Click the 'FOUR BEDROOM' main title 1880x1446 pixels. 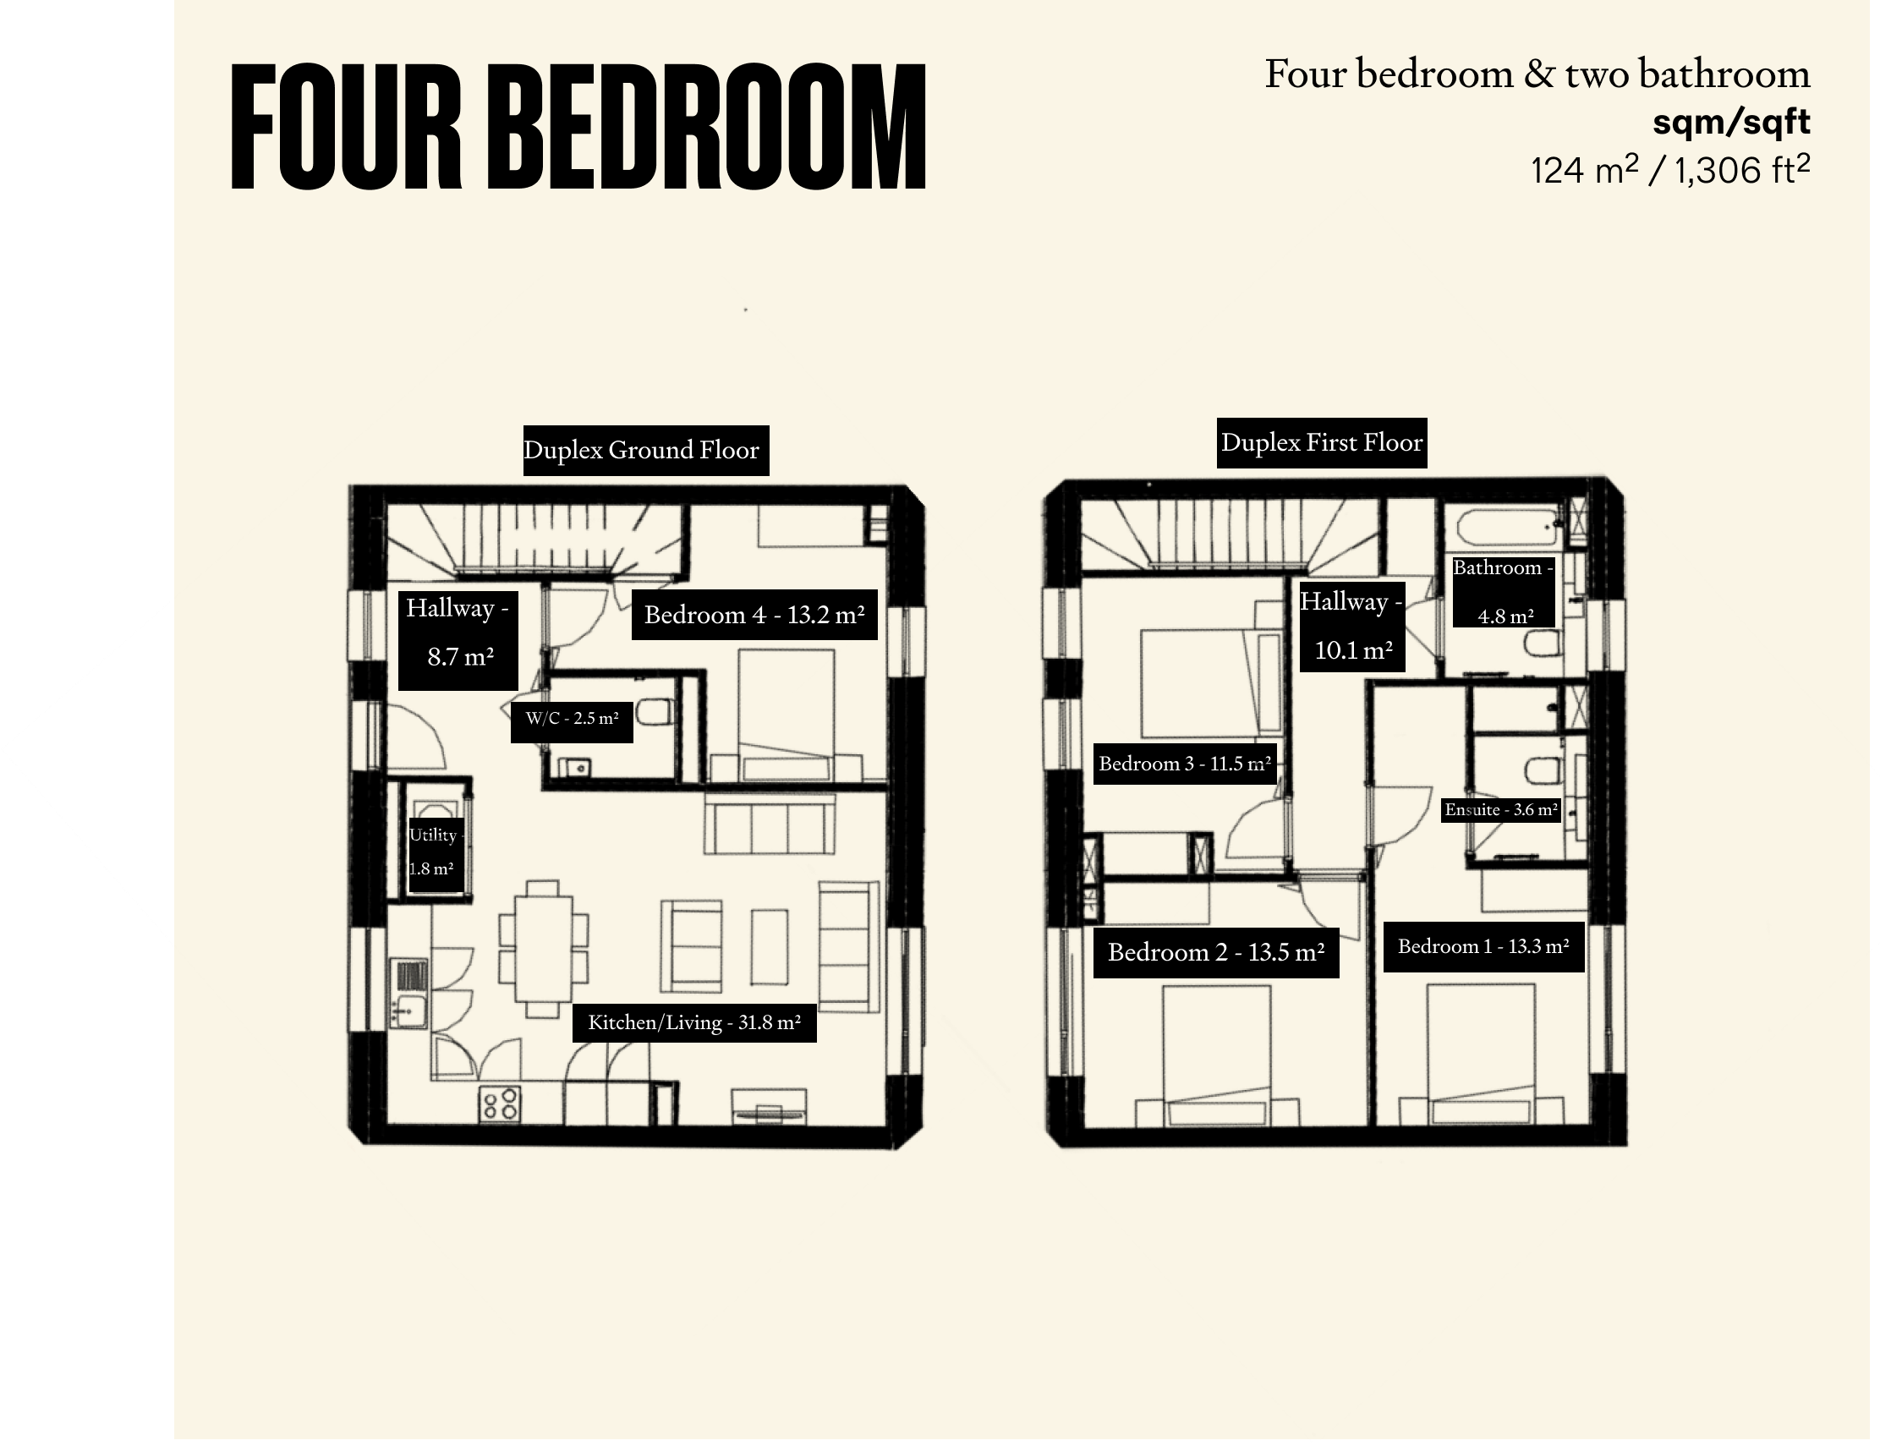click(x=578, y=127)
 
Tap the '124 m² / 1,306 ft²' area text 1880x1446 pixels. click(x=1670, y=170)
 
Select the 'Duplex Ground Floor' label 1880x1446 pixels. click(x=645, y=450)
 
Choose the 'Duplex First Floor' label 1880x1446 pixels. click(x=1321, y=443)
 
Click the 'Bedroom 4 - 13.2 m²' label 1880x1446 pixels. click(x=754, y=615)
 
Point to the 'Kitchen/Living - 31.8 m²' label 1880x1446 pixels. click(x=694, y=1022)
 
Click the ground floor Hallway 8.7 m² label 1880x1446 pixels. click(x=458, y=640)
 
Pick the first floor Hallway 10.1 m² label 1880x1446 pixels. click(x=1352, y=625)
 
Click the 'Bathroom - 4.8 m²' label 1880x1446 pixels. click(x=1504, y=592)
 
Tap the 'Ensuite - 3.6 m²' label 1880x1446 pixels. click(x=1501, y=810)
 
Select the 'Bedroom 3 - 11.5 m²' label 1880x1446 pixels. click(x=1186, y=764)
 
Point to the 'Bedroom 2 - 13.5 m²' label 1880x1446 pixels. click(x=1216, y=953)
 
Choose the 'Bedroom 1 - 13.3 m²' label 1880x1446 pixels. click(x=1483, y=947)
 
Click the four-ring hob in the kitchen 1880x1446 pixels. click(x=500, y=1104)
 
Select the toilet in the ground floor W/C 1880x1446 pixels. click(x=656, y=714)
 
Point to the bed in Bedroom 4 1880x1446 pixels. click(x=786, y=715)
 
